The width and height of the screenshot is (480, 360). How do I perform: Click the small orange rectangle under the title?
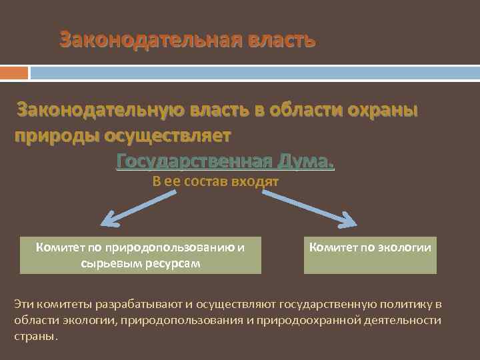coord(14,72)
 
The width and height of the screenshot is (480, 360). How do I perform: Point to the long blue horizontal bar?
coord(254,72)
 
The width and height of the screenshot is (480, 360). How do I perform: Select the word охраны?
coord(382,109)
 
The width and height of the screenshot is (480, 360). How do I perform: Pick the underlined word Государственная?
coord(193,161)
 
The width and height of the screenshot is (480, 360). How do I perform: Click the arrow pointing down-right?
coord(309,207)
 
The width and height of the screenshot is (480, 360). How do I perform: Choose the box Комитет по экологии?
coord(370,254)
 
